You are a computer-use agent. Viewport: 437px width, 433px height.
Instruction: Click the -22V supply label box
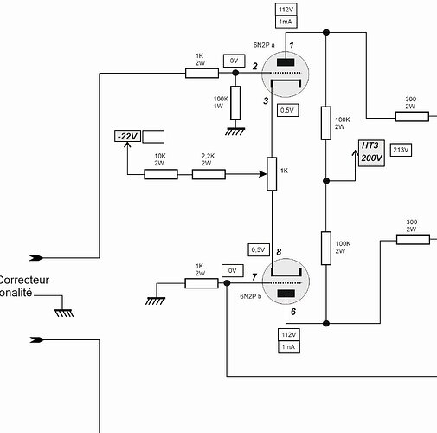tap(127, 136)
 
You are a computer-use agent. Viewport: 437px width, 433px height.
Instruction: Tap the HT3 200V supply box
tap(371, 153)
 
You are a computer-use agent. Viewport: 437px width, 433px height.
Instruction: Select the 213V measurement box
tap(401, 150)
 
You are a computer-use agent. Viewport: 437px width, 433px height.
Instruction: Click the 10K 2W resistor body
tap(161, 174)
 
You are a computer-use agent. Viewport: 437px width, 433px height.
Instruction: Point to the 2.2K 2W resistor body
tap(209, 174)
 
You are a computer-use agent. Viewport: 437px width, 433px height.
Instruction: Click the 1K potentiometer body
tap(272, 174)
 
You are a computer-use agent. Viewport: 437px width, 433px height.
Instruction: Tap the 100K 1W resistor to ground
tap(235, 102)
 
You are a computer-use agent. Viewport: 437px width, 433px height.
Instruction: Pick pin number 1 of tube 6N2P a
tap(292, 45)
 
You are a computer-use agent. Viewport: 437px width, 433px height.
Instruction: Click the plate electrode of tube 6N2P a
tap(286, 62)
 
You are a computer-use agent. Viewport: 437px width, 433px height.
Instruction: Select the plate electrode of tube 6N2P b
tap(286, 294)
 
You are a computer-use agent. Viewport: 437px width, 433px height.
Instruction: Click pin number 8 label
tap(279, 252)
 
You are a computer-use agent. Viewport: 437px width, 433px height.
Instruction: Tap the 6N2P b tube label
tap(251, 296)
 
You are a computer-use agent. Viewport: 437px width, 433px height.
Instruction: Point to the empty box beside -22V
tap(153, 137)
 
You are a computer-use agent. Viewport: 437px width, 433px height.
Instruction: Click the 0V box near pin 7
tap(233, 271)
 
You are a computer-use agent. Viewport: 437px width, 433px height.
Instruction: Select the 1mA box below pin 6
tap(289, 347)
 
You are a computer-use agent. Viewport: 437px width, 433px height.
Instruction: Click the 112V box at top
tap(286, 10)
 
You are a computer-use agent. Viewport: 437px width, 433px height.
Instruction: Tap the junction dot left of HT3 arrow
tap(326, 181)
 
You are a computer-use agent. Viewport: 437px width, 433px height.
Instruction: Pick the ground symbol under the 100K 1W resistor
tap(235, 132)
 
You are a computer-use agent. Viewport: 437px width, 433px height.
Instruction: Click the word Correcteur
tap(24, 280)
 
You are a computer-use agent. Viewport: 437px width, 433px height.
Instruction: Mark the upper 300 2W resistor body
tap(412, 117)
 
